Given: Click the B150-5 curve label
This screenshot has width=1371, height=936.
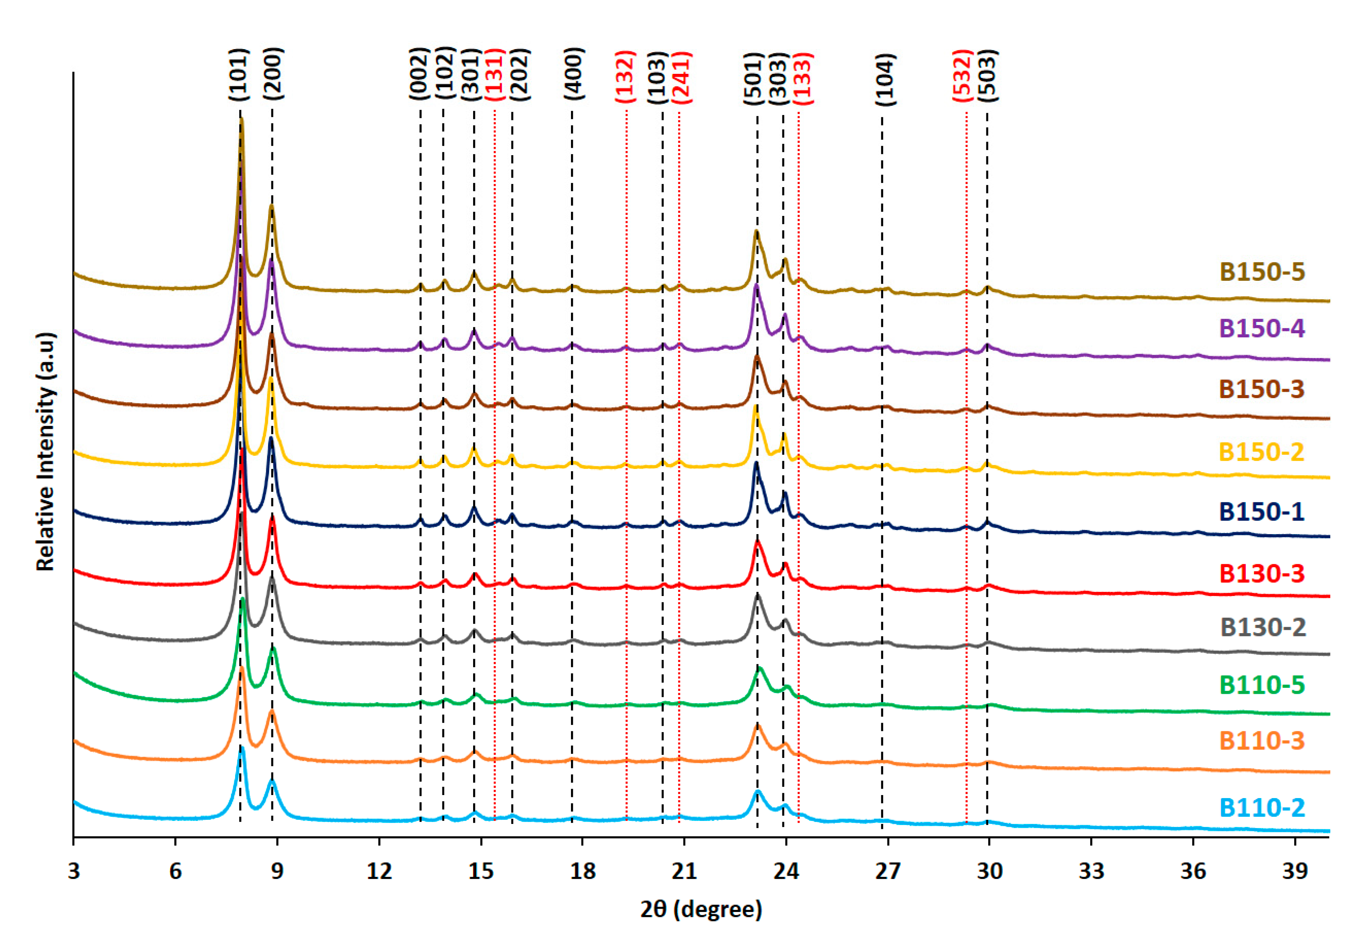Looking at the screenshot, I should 1262,272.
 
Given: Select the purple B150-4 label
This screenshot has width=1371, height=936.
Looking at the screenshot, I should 1262,328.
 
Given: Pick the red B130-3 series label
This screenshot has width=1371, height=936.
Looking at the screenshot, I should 1262,573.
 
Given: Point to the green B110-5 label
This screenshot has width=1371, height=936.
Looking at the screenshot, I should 1262,685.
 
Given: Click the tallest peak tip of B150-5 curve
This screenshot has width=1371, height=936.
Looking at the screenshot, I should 241,120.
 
